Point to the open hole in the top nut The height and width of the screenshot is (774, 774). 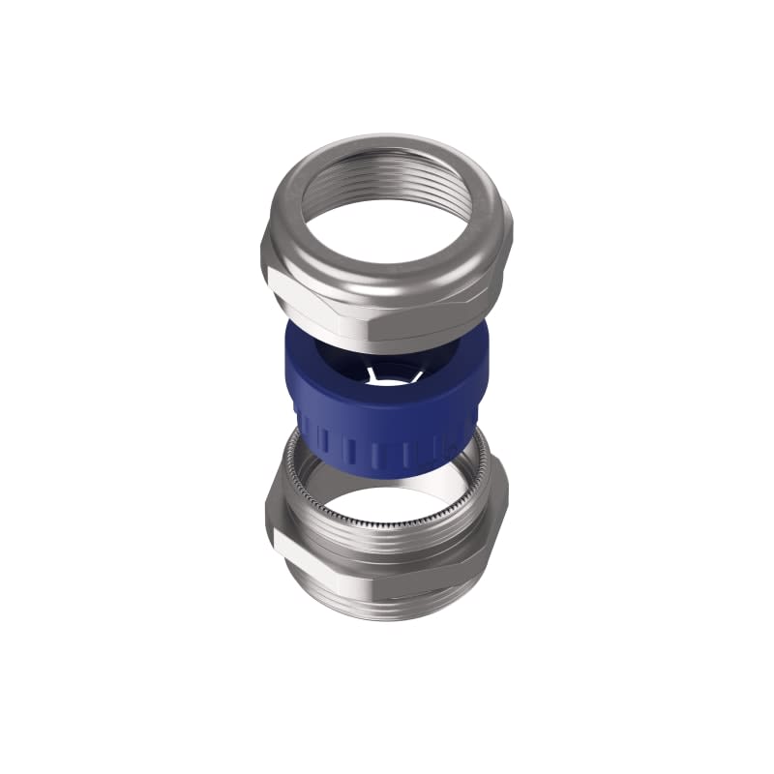click(387, 227)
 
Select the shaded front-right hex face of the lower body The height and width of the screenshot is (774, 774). click(426, 571)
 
